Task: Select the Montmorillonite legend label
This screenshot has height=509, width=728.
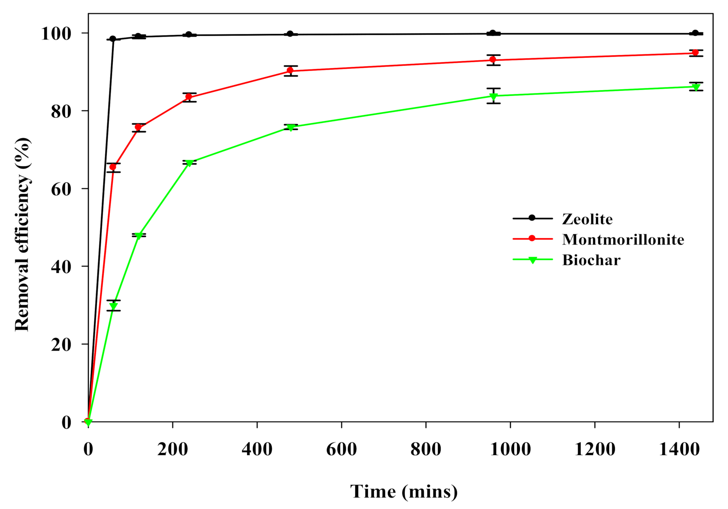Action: (x=623, y=239)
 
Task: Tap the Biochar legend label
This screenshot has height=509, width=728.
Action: (x=591, y=260)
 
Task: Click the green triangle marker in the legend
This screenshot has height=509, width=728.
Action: (x=532, y=260)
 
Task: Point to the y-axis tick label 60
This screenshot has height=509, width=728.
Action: (x=61, y=189)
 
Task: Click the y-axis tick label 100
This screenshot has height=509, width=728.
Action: (x=56, y=34)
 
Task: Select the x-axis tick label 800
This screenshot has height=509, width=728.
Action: (x=426, y=449)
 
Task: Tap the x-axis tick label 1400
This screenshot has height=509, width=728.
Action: (x=679, y=449)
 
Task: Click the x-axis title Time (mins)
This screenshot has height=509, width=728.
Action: (x=404, y=492)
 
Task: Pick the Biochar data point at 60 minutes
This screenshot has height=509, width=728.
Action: (x=113, y=306)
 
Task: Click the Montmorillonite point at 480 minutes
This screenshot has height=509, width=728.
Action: (x=290, y=71)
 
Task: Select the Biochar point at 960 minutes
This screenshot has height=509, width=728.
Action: (x=493, y=96)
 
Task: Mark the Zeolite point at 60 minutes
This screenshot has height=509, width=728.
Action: (x=113, y=39)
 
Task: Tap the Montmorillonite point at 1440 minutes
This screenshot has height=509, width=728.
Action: (x=695, y=53)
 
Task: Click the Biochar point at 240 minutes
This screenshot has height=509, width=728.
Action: (x=189, y=163)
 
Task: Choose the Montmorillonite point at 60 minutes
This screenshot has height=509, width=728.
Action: (x=113, y=167)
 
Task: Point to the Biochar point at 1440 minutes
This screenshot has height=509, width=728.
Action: (x=696, y=87)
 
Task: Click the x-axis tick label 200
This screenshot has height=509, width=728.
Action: (x=172, y=449)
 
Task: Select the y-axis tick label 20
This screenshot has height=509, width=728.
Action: (x=61, y=344)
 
